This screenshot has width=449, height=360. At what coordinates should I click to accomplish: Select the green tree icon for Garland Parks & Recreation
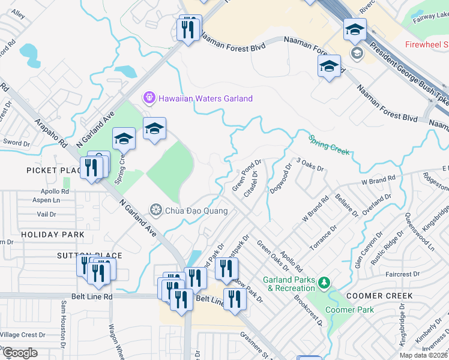pos(324,282)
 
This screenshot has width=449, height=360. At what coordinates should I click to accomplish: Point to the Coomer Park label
pos(349,310)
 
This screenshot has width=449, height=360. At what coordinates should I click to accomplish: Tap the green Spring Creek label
pos(329,145)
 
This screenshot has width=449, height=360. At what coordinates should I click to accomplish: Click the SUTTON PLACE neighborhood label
pos(89,256)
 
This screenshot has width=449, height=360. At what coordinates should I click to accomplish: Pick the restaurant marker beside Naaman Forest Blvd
pos(190,29)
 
